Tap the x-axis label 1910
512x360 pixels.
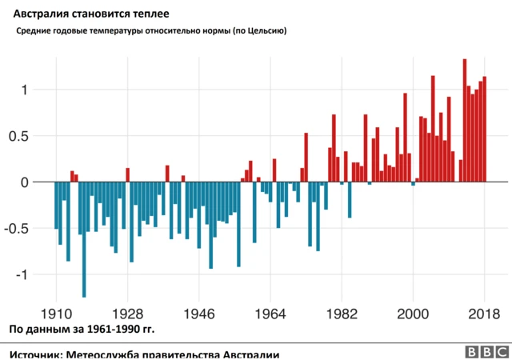coord(56,313)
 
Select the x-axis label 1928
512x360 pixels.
coord(127,313)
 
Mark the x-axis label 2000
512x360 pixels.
coord(413,313)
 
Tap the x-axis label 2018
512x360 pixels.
coord(484,313)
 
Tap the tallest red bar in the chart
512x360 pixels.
coord(465,120)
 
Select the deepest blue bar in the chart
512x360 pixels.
coord(84,240)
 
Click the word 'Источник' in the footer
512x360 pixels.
coord(34,354)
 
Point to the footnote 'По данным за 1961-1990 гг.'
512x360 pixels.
coord(82,329)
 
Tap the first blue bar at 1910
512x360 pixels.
coord(56,206)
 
